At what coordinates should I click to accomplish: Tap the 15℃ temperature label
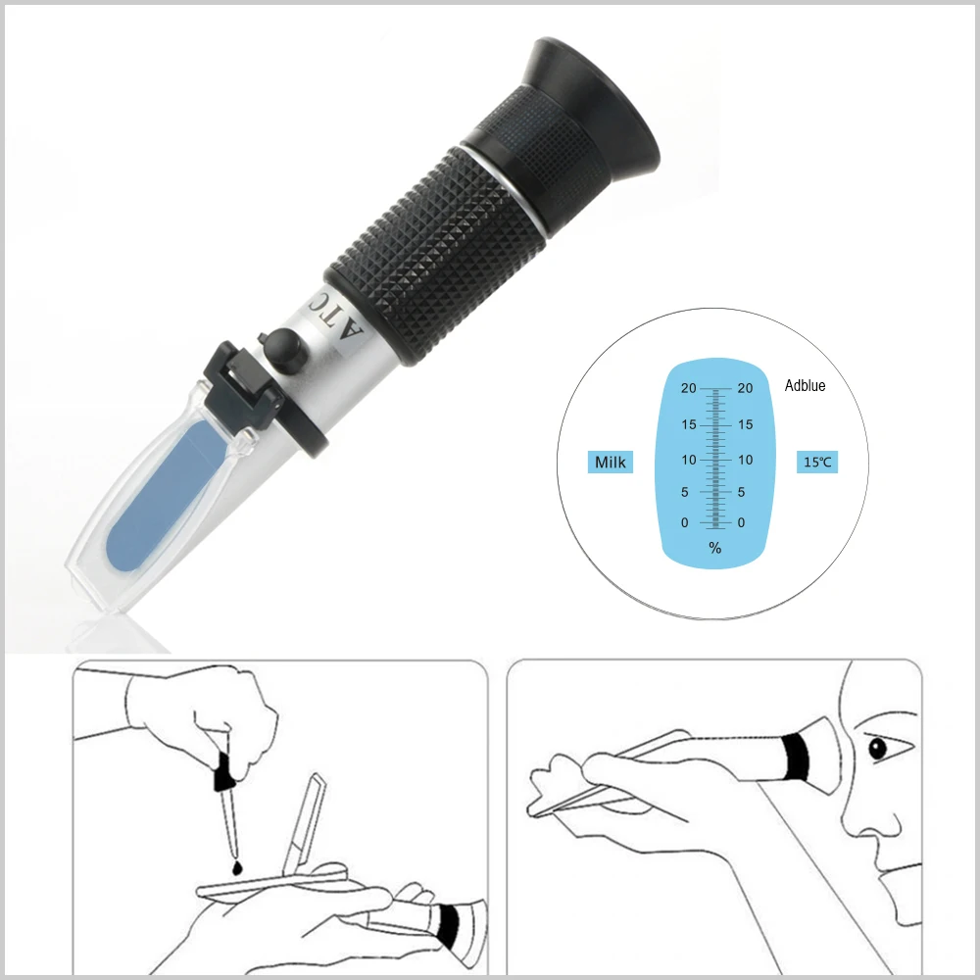[x=816, y=462]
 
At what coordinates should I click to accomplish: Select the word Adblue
[x=805, y=386]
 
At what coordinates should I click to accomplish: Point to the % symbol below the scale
[x=715, y=549]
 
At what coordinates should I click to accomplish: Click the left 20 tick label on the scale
[x=689, y=389]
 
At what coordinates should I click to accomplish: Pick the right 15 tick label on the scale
[x=745, y=425]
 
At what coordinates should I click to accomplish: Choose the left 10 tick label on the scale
[x=689, y=460]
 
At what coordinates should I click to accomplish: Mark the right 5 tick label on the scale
[x=742, y=493]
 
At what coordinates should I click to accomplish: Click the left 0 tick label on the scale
[x=685, y=523]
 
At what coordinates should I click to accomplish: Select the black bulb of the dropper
[x=223, y=770]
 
